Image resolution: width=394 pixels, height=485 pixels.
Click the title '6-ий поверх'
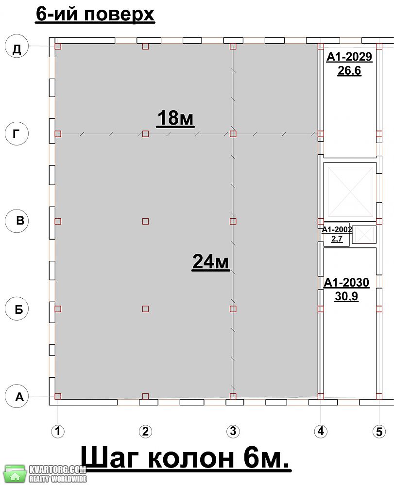[x=95, y=14]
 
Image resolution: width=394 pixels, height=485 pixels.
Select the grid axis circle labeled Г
[x=17, y=134]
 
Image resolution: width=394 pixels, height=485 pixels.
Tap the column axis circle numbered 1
[x=58, y=431]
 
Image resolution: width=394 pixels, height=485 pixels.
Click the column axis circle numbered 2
[x=145, y=431]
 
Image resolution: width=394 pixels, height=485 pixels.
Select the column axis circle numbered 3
[x=233, y=431]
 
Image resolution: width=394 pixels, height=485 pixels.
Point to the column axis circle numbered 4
[x=321, y=431]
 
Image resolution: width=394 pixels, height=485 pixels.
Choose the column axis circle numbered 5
[x=379, y=431]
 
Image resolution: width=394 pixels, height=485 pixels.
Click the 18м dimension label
[x=175, y=118]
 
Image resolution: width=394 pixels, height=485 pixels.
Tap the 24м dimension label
[x=211, y=262]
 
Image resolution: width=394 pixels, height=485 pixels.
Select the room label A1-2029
[x=349, y=57]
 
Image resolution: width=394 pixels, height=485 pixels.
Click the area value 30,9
[x=346, y=296]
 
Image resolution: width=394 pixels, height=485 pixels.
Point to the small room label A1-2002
[x=337, y=229]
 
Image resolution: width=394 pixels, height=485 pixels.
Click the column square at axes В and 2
[x=145, y=221]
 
